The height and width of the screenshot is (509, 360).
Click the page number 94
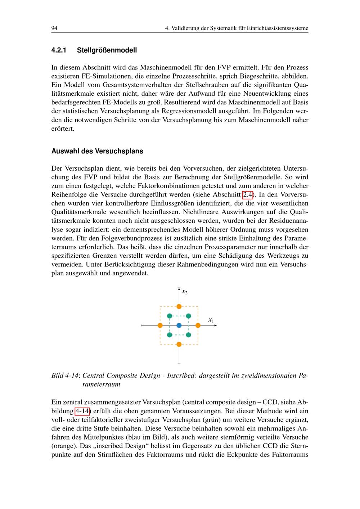(x=55, y=28)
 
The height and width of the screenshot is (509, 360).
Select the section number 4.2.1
(x=59, y=50)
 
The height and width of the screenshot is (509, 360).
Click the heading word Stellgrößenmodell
(x=107, y=50)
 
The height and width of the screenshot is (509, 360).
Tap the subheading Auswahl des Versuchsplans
(x=97, y=151)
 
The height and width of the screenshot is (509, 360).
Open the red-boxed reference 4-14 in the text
(x=82, y=411)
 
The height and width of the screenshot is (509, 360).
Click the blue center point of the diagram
(x=179, y=325)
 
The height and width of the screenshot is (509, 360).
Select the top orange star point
(x=179, y=306)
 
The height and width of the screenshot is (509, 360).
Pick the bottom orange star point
(x=179, y=344)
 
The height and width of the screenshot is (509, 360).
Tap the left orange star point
(x=160, y=325)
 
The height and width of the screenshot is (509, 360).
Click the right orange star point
(x=198, y=325)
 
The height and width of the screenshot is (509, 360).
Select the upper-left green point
(x=170, y=316)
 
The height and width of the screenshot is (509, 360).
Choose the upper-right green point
(x=188, y=316)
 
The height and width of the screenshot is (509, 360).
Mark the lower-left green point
(x=170, y=335)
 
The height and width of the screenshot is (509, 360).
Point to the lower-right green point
(x=188, y=335)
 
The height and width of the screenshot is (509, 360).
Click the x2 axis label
(x=184, y=291)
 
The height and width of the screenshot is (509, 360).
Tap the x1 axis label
(x=211, y=320)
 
